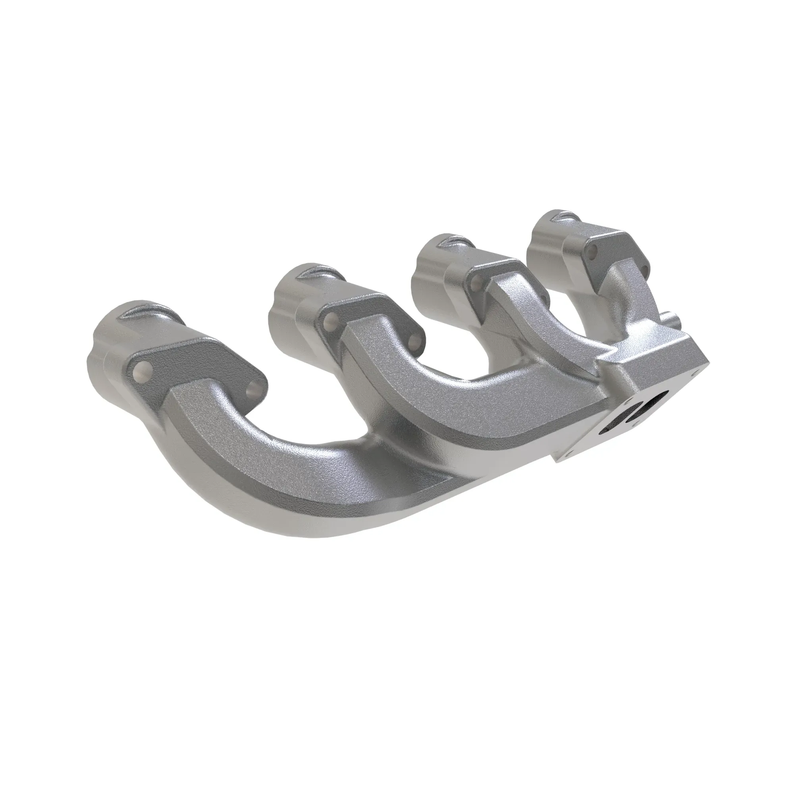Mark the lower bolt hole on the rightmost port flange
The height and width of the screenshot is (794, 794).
pos(644,272)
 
